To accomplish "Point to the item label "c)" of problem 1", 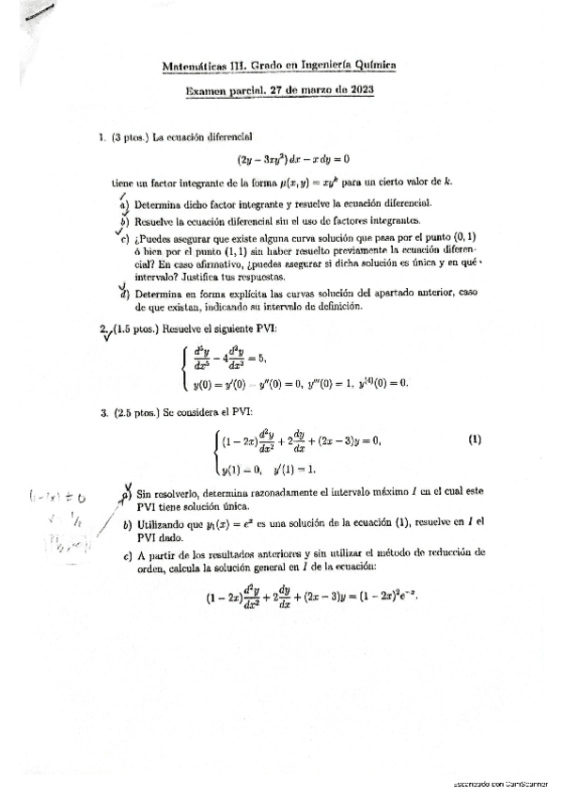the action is (125, 240).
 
